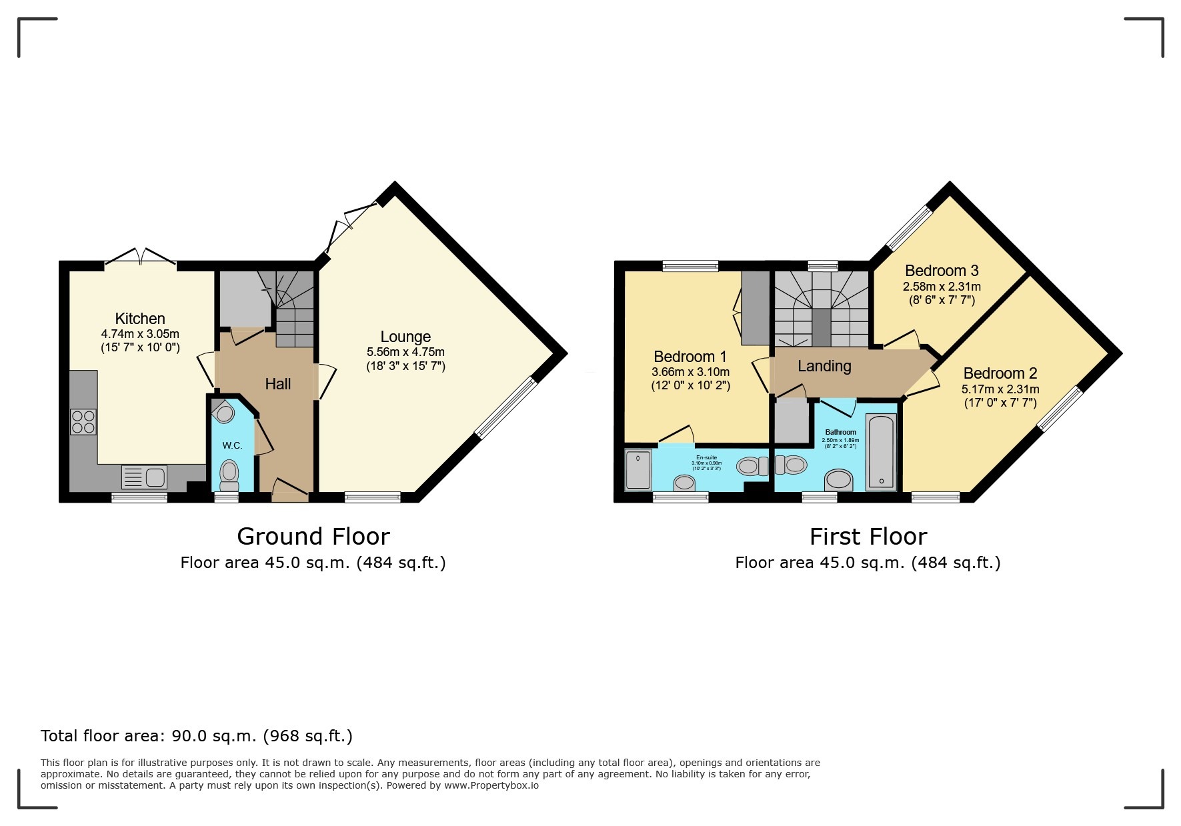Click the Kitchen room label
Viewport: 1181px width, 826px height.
click(x=140, y=319)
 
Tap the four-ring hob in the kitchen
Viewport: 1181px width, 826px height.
click(x=83, y=422)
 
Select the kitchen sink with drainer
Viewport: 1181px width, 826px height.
click(x=144, y=477)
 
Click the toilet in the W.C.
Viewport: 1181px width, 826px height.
click(x=229, y=475)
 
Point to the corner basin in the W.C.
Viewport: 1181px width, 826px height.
click(x=225, y=413)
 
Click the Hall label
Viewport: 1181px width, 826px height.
click(x=277, y=384)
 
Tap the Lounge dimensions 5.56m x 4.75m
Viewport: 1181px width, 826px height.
click(x=405, y=352)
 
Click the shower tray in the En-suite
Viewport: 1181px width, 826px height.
click(x=638, y=470)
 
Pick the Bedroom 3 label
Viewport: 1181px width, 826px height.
click(x=941, y=271)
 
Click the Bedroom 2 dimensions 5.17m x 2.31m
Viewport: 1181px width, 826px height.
click(x=1000, y=389)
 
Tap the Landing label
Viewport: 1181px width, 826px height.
click(x=824, y=366)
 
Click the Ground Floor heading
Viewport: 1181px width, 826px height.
click(x=313, y=537)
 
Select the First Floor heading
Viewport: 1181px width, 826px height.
click(x=868, y=537)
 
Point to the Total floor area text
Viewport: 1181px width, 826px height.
click(x=196, y=736)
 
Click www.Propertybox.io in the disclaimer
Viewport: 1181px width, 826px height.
click(x=491, y=785)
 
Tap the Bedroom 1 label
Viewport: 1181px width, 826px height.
click(x=690, y=357)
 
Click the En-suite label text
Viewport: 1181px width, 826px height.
click(x=706, y=457)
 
